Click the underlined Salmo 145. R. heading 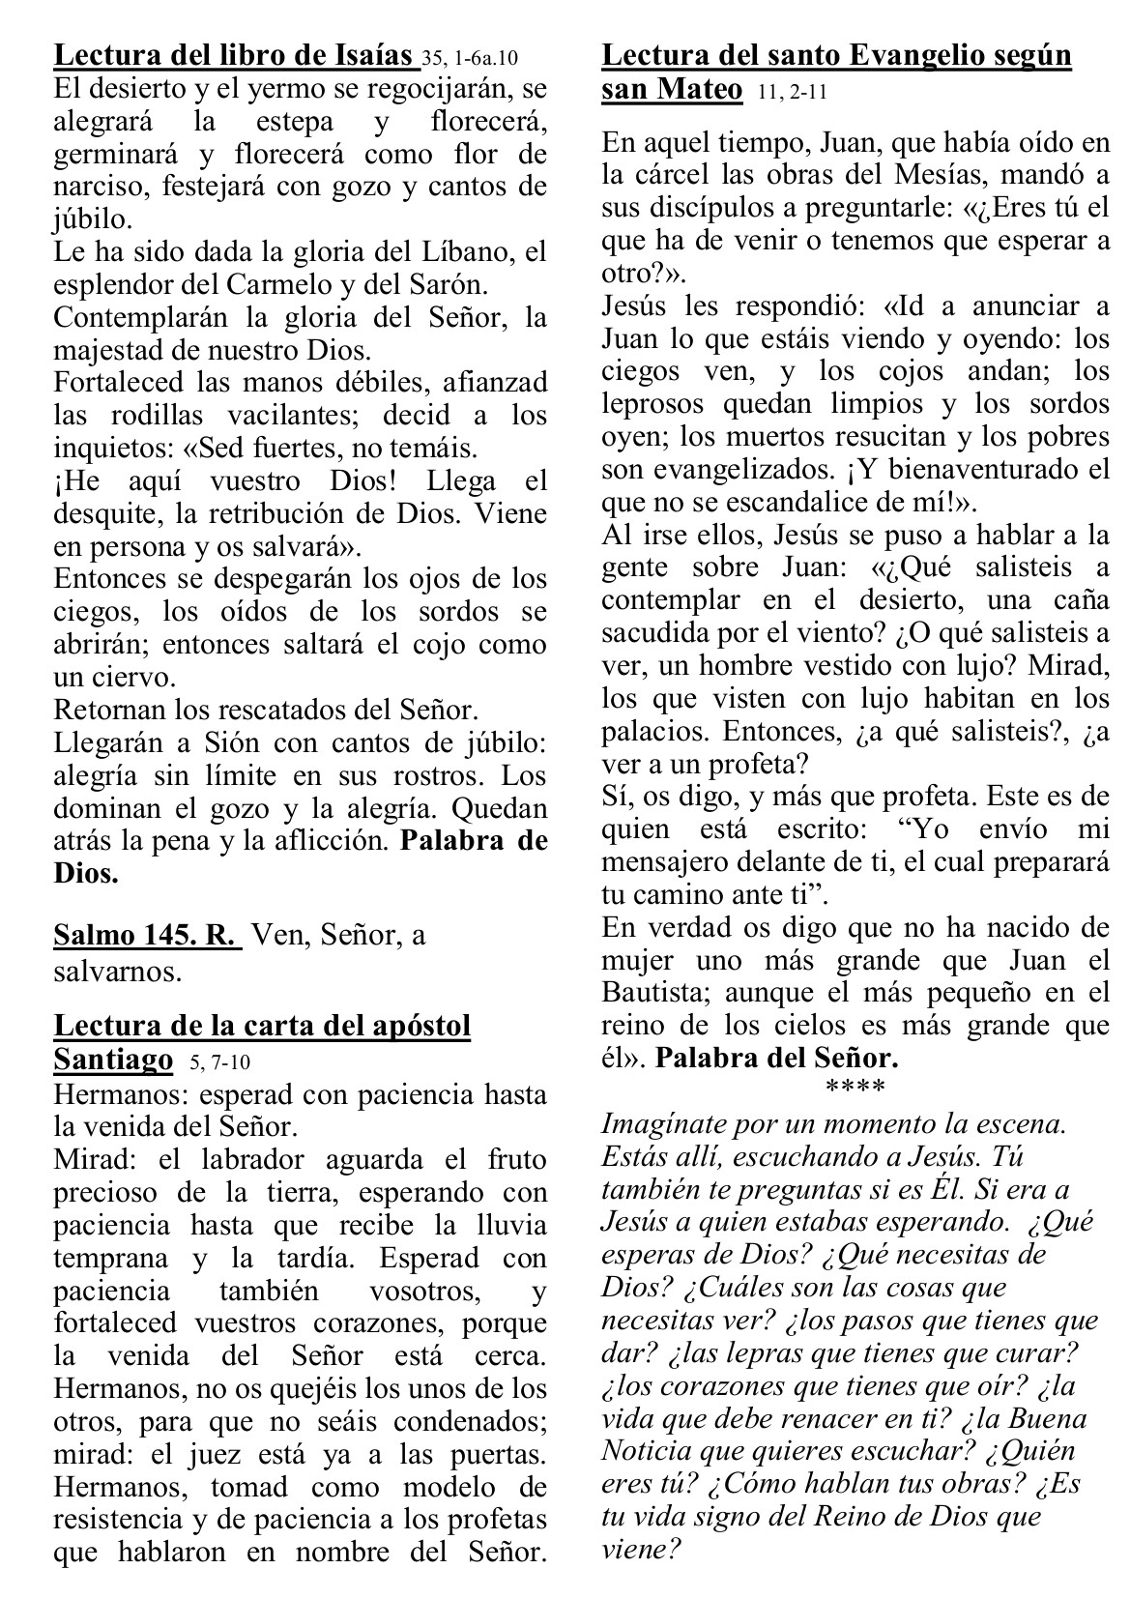coord(146,936)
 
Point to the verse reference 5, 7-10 coord(215,1062)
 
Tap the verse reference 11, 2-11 coord(786,93)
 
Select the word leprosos coord(655,403)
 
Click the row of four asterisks coord(855,1089)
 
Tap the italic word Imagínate coord(666,1124)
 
